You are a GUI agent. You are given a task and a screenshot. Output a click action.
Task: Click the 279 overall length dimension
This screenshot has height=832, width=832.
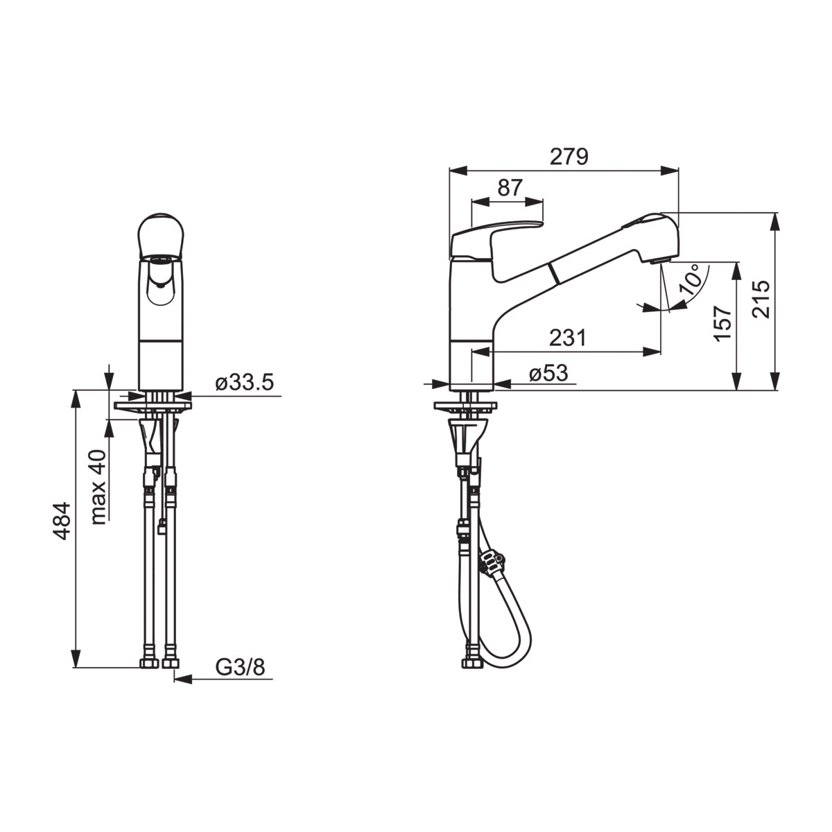[569, 157]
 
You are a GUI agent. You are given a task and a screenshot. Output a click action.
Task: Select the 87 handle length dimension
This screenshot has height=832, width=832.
[510, 188]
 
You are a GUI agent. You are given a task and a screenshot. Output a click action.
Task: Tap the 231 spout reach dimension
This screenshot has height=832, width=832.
[568, 338]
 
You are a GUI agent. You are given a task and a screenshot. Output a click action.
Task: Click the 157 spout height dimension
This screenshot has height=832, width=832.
[723, 324]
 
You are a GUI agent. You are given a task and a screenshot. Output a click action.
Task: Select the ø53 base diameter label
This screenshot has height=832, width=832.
[548, 372]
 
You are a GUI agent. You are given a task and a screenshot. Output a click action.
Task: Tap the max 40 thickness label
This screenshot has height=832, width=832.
[99, 487]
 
